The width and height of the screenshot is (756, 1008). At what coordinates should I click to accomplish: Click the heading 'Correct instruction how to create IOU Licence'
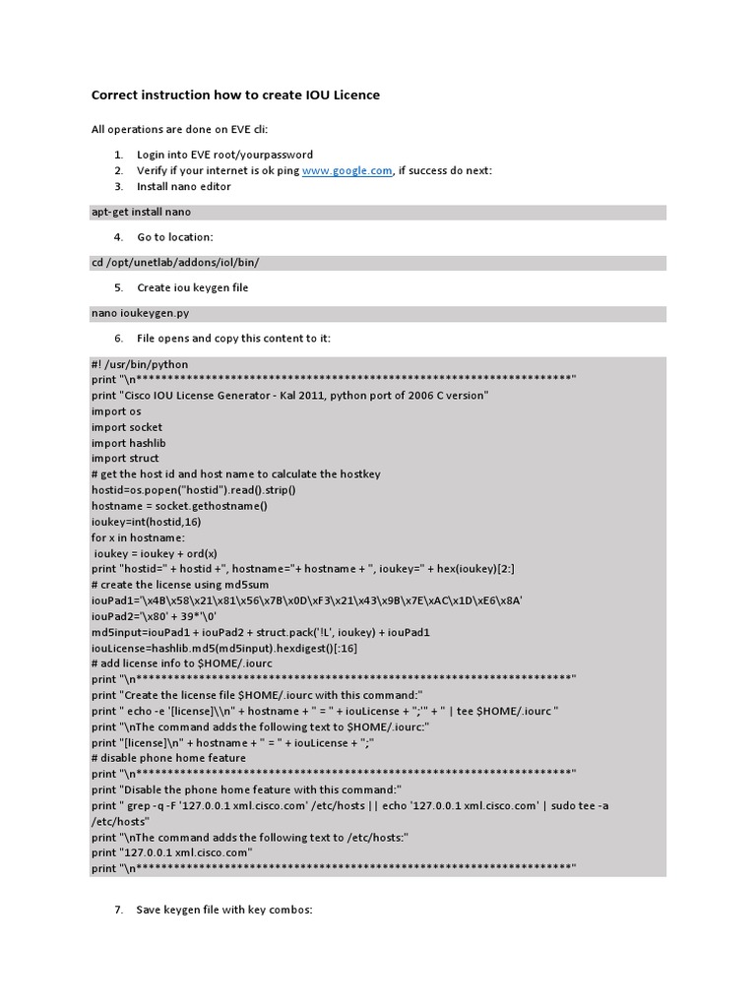235,95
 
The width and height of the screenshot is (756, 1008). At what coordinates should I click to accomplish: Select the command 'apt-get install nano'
141,212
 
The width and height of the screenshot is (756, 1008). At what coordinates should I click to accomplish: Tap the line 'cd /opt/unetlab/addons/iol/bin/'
175,263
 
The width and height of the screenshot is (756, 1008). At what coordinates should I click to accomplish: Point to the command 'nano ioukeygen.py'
140,313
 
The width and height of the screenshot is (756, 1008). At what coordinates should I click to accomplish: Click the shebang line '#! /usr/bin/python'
140,364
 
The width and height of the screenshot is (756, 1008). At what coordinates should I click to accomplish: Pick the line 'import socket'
127,427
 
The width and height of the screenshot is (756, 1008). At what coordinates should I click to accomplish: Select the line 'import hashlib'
129,443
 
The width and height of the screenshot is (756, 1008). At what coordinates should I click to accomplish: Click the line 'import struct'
126,459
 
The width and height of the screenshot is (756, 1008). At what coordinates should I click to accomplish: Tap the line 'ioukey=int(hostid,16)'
147,522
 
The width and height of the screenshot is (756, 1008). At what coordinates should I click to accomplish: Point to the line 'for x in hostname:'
138,537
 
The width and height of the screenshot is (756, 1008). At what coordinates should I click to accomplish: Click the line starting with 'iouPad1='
306,600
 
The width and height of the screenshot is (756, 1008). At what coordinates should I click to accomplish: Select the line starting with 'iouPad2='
147,616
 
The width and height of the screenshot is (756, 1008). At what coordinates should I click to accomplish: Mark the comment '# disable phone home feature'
168,758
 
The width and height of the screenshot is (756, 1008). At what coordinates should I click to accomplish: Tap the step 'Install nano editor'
184,186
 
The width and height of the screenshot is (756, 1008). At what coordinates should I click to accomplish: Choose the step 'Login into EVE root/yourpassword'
224,155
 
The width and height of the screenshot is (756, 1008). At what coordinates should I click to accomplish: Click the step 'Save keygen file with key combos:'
223,910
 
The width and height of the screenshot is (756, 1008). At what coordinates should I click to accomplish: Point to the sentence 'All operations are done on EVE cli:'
179,129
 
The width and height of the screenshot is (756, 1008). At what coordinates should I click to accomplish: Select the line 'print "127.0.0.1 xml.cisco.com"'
172,852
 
